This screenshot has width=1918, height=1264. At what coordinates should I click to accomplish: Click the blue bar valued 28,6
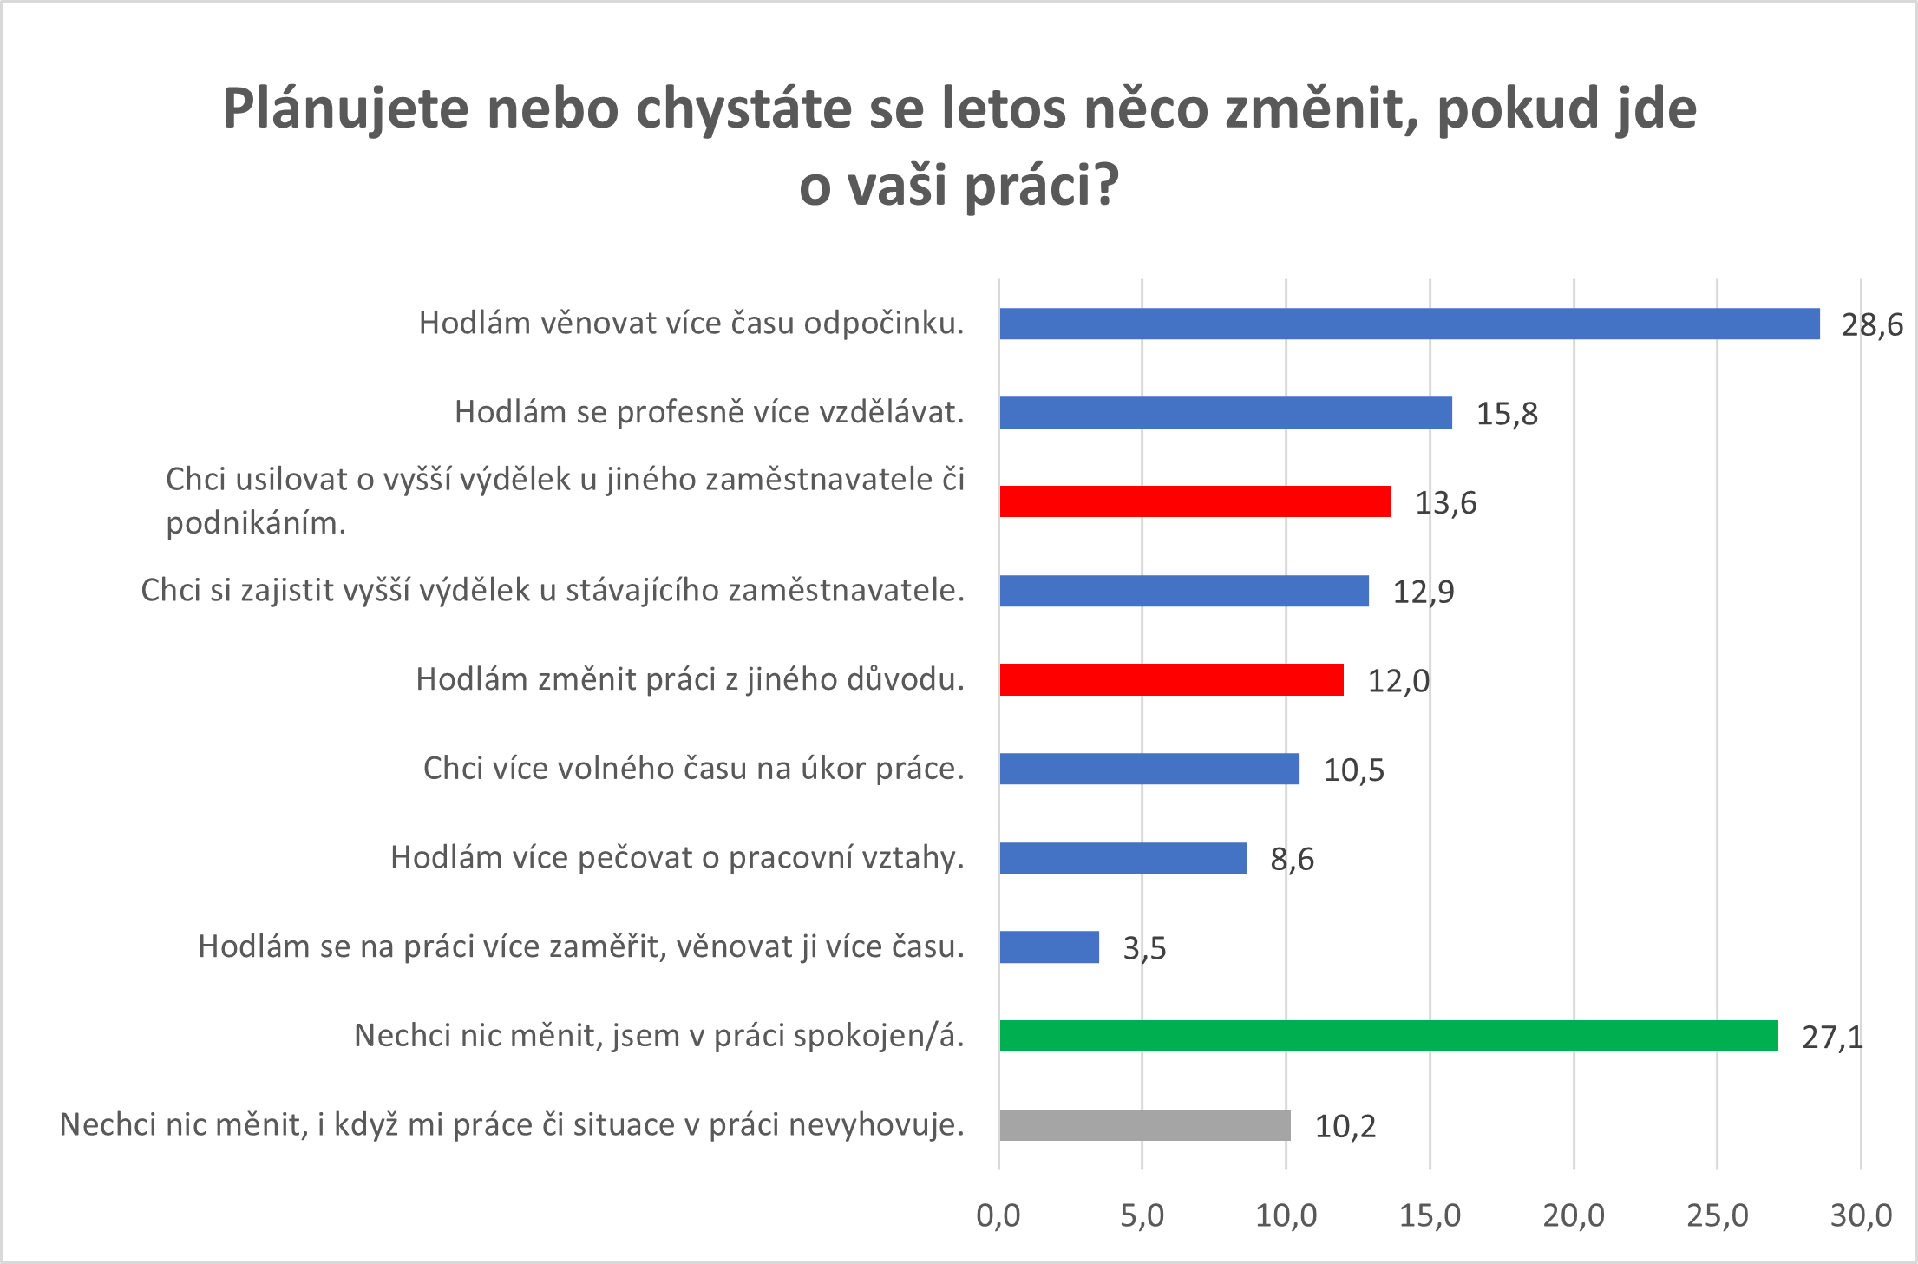tap(1409, 324)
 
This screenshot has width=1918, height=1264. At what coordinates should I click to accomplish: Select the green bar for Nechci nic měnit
tap(1388, 1036)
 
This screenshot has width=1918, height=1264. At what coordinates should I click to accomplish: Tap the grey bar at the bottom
tap(1144, 1125)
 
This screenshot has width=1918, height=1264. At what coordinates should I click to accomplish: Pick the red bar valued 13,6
tap(1195, 501)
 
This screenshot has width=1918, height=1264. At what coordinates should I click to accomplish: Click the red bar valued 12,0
tap(1171, 679)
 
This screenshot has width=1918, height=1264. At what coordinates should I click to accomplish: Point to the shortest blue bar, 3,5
tap(1049, 946)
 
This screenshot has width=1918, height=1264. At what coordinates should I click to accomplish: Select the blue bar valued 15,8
tap(1225, 413)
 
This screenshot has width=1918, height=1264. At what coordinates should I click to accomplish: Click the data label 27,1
tap(1832, 1038)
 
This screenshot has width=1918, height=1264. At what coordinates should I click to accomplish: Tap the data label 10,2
tap(1345, 1127)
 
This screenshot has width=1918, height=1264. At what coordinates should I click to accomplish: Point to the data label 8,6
tap(1292, 860)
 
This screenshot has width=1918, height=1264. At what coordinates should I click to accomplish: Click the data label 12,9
tap(1424, 593)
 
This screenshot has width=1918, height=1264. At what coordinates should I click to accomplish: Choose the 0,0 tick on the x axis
tap(998, 1216)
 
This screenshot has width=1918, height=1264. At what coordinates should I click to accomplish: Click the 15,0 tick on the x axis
tap(1430, 1216)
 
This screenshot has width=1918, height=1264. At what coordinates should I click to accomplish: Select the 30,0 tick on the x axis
tap(1861, 1216)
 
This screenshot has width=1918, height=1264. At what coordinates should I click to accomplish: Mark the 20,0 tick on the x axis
tap(1574, 1216)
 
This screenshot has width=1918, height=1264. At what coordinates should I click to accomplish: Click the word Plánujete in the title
tap(345, 110)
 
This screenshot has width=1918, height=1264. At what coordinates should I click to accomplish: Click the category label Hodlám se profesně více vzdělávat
tap(709, 412)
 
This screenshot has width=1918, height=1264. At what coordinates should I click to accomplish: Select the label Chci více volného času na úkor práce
tap(693, 769)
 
